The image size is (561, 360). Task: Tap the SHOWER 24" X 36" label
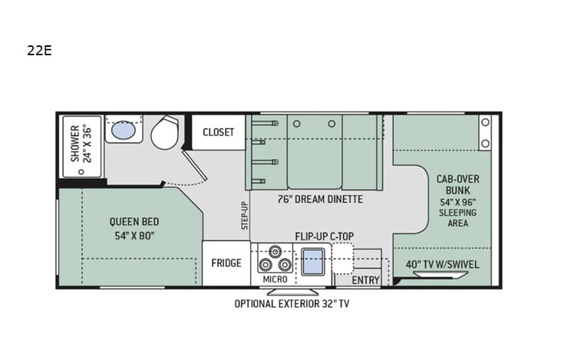pos(81,143)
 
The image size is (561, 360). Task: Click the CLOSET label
pos(219,132)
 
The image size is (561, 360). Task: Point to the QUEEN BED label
pos(134,229)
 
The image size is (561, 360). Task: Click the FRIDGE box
pos(226,263)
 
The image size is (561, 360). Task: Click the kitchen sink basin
pos(312,263)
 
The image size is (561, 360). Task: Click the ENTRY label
pos(365,280)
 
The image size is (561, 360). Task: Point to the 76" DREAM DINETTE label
pos(320,199)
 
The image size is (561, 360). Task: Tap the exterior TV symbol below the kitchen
pos(292,291)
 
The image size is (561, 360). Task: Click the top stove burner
pos(274,253)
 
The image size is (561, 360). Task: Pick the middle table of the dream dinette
pos(315,151)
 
